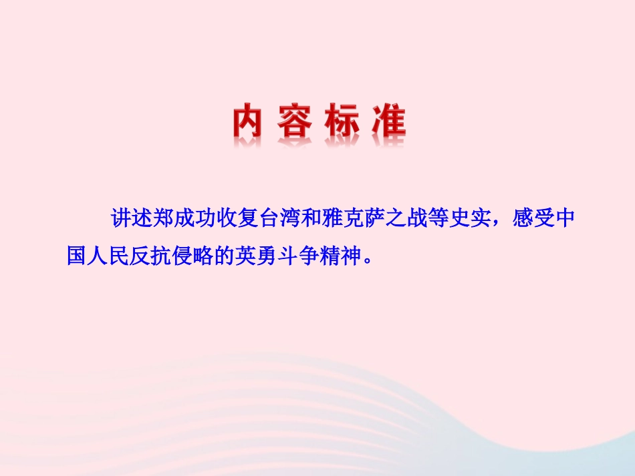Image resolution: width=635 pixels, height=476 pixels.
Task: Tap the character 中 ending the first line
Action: pos(565,220)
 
